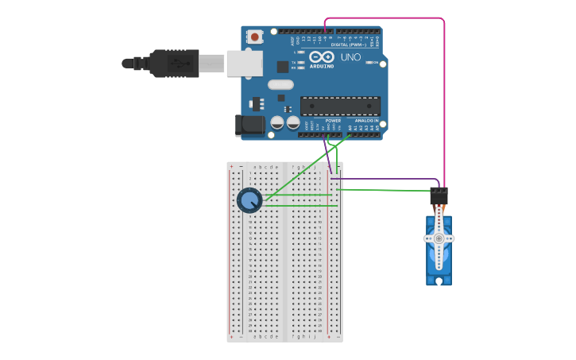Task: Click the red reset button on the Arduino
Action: click(x=254, y=36)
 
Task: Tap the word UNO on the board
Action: click(x=350, y=57)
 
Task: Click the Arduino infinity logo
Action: click(x=322, y=57)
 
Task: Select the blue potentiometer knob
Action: click(x=249, y=200)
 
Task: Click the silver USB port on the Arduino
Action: click(x=244, y=63)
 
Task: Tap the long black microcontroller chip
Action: click(x=340, y=106)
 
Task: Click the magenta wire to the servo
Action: click(x=443, y=95)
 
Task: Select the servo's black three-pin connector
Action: click(x=439, y=195)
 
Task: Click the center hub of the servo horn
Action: click(x=439, y=238)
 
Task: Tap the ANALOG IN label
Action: click(x=366, y=121)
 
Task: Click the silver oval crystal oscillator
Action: click(x=280, y=84)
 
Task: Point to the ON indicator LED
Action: click(x=368, y=62)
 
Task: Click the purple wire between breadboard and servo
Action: click(x=389, y=179)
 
